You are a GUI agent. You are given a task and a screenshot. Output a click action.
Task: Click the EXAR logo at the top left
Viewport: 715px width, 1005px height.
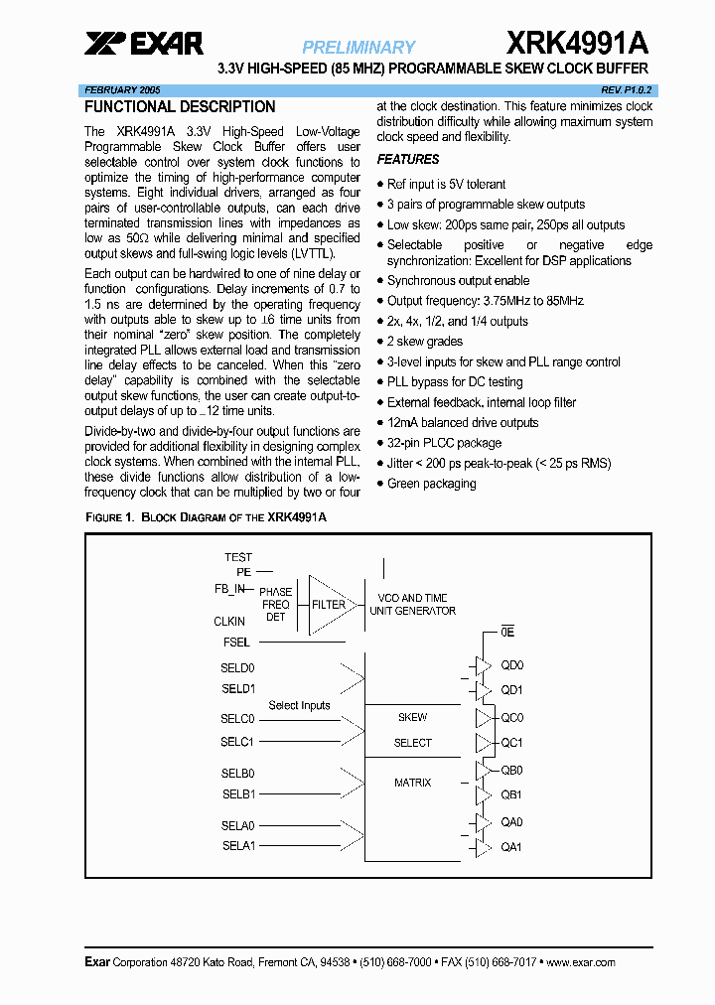tap(143, 45)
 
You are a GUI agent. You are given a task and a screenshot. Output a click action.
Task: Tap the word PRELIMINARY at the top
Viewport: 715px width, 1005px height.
tap(358, 47)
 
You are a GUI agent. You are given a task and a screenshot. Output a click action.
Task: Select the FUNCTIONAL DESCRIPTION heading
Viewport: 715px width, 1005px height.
tap(180, 107)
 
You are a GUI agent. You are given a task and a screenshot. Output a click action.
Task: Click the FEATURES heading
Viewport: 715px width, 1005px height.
tap(408, 160)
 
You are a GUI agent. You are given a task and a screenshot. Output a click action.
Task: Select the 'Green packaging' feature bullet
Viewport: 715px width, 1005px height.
tap(431, 484)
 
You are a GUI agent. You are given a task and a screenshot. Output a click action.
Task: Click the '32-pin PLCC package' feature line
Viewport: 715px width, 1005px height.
tap(444, 443)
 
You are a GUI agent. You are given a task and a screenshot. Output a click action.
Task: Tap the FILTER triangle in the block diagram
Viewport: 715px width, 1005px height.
tap(328, 604)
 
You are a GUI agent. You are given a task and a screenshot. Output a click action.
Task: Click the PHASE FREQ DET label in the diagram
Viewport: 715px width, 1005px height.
tap(275, 604)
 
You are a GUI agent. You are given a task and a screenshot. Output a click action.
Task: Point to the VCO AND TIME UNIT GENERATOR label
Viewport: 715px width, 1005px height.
tap(412, 605)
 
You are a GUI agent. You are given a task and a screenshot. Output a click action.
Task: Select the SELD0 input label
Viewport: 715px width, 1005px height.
tap(237, 668)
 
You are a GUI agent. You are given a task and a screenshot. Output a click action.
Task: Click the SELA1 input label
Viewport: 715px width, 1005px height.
tap(238, 846)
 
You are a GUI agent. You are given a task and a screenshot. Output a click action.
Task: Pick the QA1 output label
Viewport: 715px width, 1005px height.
tap(511, 847)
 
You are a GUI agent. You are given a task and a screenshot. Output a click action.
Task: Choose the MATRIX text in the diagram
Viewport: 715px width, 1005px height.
tap(412, 783)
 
